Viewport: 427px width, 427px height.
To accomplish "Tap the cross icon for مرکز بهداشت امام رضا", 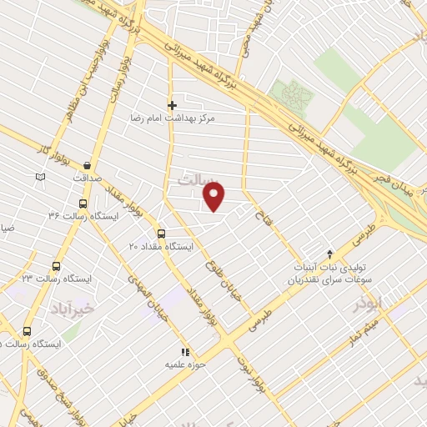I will [x=172, y=105].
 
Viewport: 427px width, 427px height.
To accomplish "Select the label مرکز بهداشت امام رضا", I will [x=178, y=118].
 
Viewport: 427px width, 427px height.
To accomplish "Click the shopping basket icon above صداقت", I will [x=87, y=165].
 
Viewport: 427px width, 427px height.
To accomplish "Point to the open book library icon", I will [x=41, y=177].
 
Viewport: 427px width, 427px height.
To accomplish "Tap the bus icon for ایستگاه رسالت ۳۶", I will [x=83, y=203].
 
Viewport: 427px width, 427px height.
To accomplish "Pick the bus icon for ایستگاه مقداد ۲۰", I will [x=161, y=234].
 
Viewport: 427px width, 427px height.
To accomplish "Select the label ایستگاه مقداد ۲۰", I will [x=161, y=247].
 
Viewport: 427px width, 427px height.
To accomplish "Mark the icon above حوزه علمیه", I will [x=185, y=351].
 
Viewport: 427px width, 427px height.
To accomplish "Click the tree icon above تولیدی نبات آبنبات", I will [x=329, y=253].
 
